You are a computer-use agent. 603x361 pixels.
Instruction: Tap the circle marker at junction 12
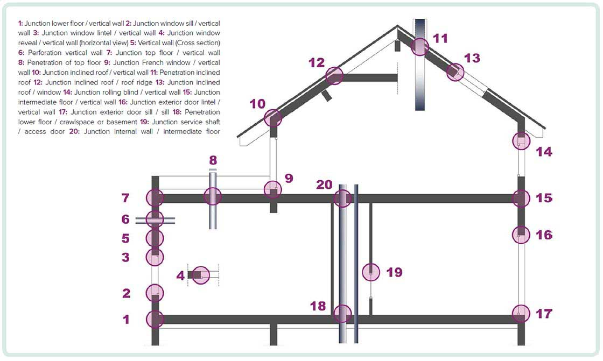(x=334, y=76)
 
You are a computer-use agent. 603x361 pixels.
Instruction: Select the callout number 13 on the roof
(x=472, y=58)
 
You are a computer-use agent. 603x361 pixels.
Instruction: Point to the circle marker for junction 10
(x=273, y=118)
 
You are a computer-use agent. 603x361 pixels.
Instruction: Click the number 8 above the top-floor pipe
(x=213, y=160)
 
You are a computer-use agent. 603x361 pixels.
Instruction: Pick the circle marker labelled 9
(x=273, y=189)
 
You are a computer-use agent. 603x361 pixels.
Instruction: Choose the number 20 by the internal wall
(x=324, y=185)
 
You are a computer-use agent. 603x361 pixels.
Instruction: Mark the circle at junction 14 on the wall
(x=521, y=141)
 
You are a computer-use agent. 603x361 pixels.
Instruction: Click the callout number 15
(x=544, y=198)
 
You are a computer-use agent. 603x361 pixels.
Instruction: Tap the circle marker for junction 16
(x=521, y=235)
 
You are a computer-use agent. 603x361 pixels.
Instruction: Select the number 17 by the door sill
(x=544, y=313)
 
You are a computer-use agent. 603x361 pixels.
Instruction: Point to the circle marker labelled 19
(x=370, y=272)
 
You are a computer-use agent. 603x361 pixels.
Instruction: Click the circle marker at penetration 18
(x=342, y=313)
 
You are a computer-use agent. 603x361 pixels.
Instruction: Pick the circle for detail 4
(x=201, y=275)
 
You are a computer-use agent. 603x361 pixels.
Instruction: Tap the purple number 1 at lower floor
(x=126, y=320)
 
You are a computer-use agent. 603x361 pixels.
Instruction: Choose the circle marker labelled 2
(x=155, y=294)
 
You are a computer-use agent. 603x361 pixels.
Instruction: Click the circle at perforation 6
(x=155, y=219)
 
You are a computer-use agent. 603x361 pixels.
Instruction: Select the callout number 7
(x=125, y=198)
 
